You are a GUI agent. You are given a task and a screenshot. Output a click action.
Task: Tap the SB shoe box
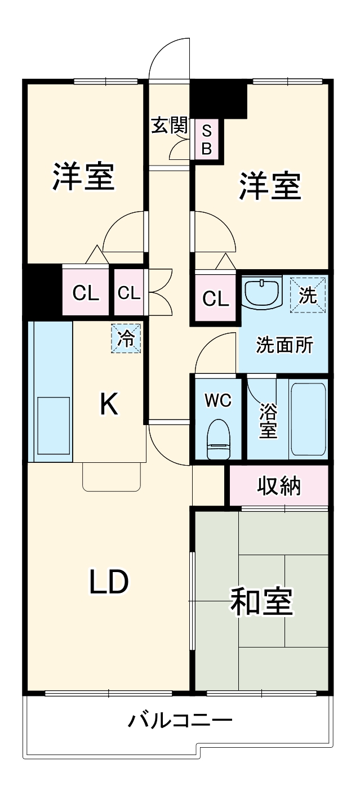[x=207, y=140]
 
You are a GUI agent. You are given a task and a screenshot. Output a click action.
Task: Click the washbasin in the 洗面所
[x=262, y=292]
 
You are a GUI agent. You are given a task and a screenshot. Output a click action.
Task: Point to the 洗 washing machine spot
[x=308, y=295]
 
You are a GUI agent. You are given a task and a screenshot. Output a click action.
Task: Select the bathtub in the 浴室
[x=308, y=419]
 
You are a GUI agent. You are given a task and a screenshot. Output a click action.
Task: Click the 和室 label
[x=261, y=602]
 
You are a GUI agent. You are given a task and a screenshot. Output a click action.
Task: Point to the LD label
[x=109, y=582]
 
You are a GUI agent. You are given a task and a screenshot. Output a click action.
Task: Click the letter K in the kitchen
[x=109, y=404]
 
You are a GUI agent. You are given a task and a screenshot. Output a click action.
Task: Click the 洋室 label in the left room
[x=84, y=176]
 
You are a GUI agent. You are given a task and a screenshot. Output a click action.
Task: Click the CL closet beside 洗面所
[x=216, y=298]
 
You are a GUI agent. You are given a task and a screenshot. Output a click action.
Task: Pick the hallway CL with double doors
[x=129, y=293]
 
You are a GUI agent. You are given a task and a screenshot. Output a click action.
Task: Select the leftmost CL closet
[x=85, y=293]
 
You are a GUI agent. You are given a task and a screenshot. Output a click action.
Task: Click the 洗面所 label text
[x=285, y=345]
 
